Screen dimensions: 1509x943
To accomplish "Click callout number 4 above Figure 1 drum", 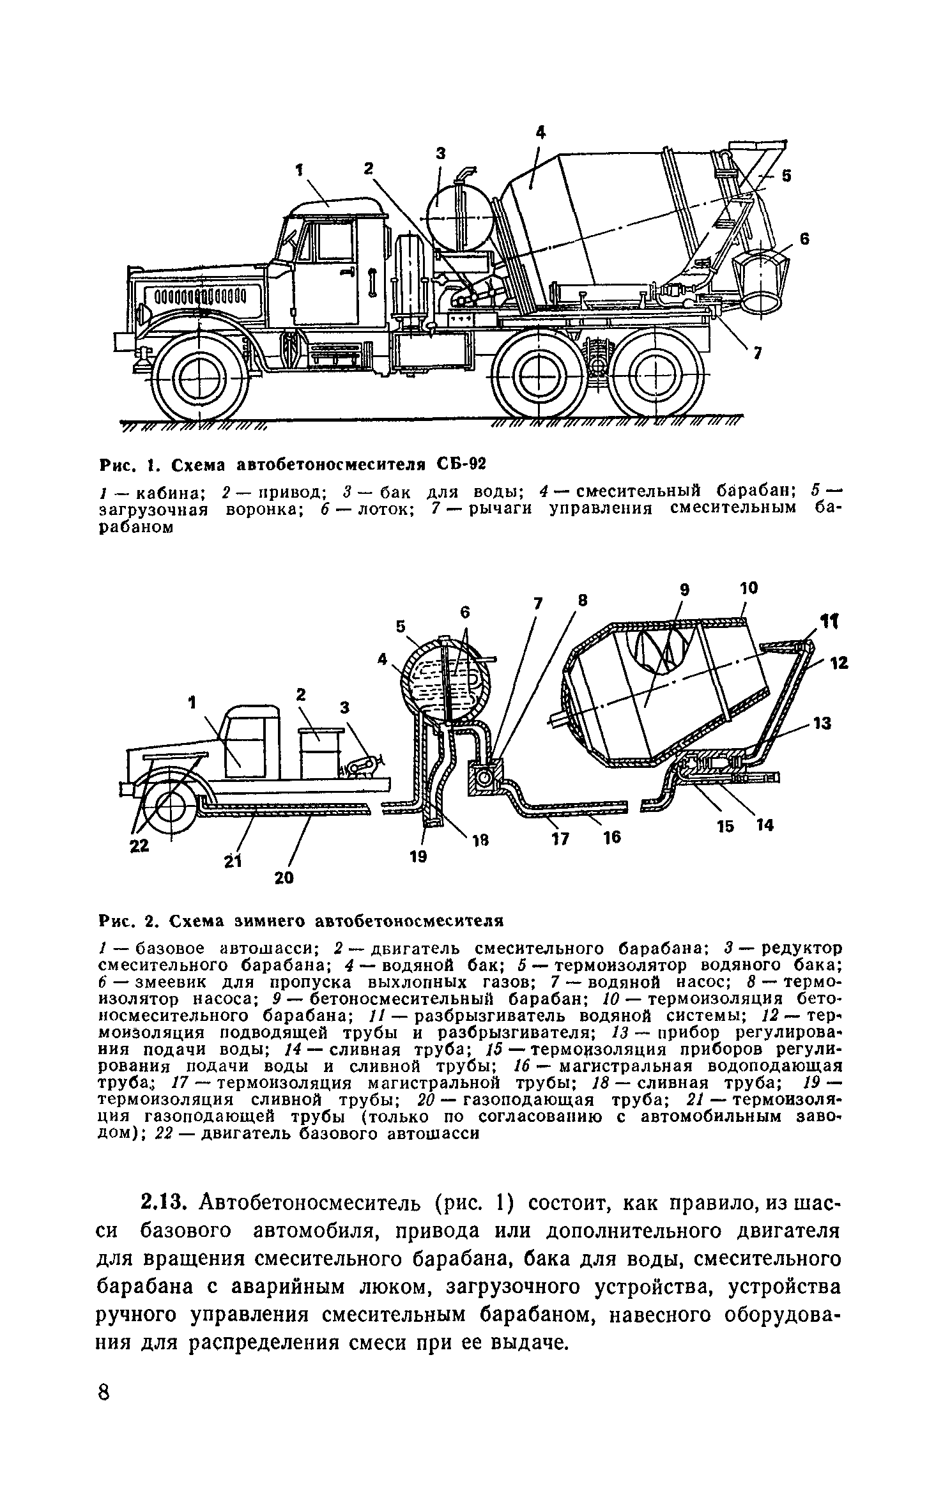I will (540, 132).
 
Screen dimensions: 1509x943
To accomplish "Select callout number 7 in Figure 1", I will (757, 353).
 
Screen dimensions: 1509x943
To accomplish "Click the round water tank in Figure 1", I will (459, 217).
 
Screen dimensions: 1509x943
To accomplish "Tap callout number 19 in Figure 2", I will (418, 857).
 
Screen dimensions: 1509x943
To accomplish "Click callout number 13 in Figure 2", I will (822, 723).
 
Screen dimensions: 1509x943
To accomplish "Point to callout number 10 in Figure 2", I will (749, 588).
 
